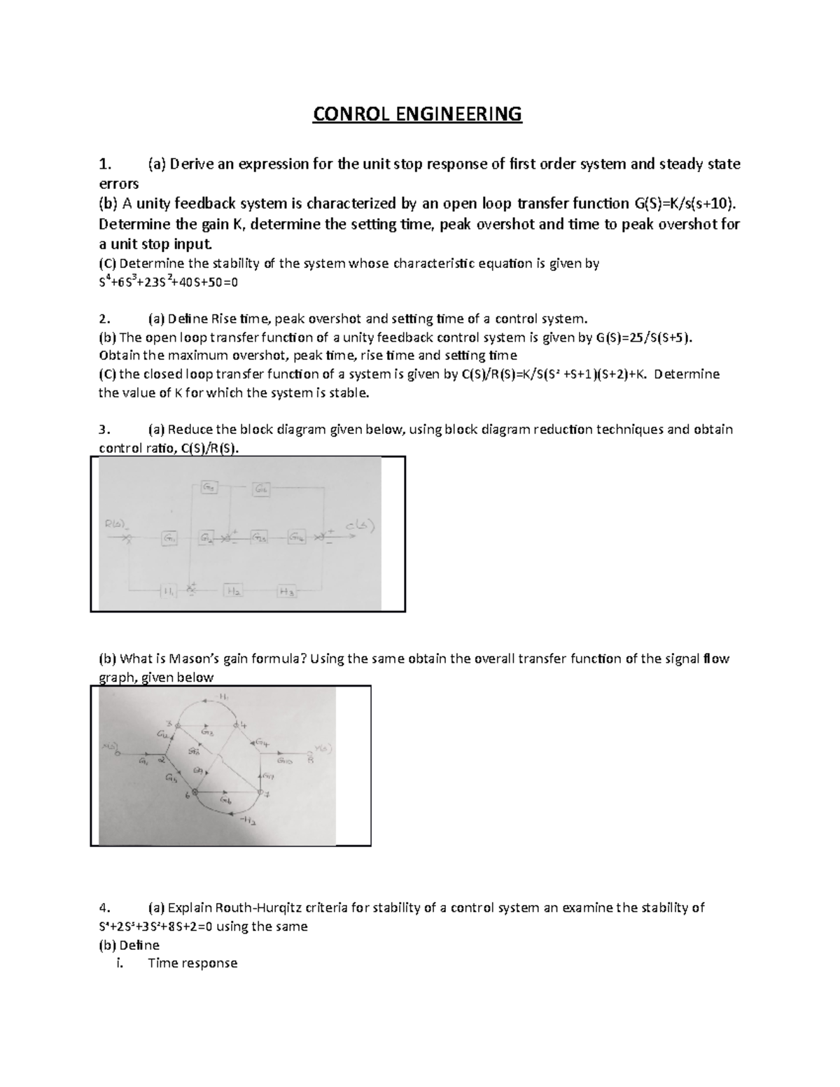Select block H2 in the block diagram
[233, 591]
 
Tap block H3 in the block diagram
[288, 592]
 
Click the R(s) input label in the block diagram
[115, 523]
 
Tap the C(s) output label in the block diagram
[360, 526]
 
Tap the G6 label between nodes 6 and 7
[226, 800]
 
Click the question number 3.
[104, 429]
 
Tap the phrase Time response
[192, 963]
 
